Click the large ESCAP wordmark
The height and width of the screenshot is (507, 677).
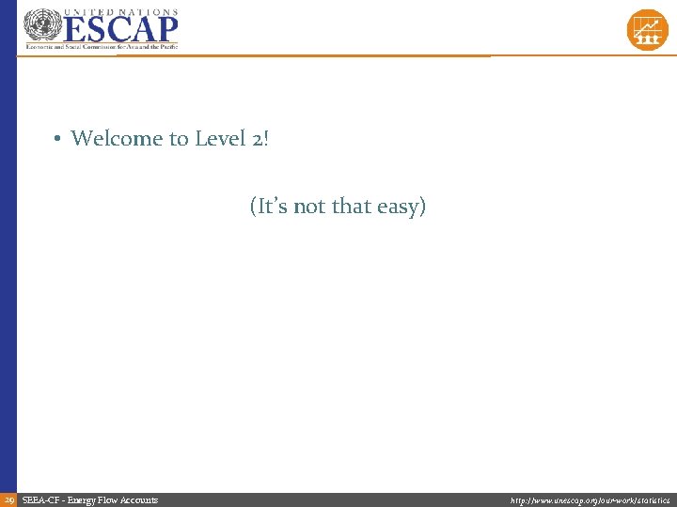pyautogui.click(x=120, y=29)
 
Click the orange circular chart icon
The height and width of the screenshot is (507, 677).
pyautogui.click(x=647, y=29)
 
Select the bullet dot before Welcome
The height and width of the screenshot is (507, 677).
pyautogui.click(x=57, y=139)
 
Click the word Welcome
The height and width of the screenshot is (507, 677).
pyautogui.click(x=117, y=139)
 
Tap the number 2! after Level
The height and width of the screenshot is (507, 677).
pyautogui.click(x=260, y=139)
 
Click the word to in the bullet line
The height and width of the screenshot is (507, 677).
pyautogui.click(x=179, y=139)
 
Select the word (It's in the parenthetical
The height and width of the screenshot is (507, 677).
pyautogui.click(x=269, y=206)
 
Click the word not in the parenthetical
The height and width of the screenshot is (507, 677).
pyautogui.click(x=308, y=206)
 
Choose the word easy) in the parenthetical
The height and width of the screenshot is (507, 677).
pyautogui.click(x=401, y=207)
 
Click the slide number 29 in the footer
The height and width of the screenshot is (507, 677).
pyautogui.click(x=8, y=500)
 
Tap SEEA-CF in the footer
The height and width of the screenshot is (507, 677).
pyautogui.click(x=39, y=500)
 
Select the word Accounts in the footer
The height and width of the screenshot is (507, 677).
pyautogui.click(x=137, y=500)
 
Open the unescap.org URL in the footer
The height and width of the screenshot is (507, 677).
pyautogui.click(x=590, y=500)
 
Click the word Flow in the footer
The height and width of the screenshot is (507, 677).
pyautogui.click(x=106, y=500)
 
